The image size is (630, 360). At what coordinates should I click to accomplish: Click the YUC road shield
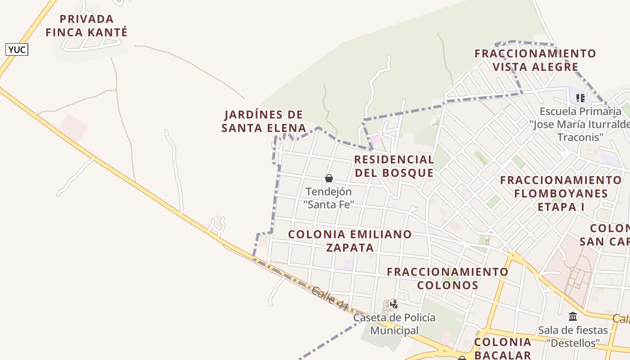pos(17,49)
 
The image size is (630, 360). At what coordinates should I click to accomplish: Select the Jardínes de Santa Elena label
pos(264,121)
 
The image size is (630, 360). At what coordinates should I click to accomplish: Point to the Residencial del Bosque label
pos(394,166)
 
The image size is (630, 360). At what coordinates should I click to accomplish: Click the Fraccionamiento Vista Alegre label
pos(535,60)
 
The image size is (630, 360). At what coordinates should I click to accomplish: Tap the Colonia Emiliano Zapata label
pos(350,241)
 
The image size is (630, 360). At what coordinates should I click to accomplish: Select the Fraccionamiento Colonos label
pos(447,279)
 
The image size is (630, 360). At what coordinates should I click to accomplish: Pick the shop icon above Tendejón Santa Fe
pos(329,178)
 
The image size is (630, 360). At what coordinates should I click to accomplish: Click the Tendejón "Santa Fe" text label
pos(328,198)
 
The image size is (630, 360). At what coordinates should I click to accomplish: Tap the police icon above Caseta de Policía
pos(394,304)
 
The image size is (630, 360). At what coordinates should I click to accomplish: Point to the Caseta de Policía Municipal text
pos(394,324)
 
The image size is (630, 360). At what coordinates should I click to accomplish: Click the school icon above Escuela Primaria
pos(580,98)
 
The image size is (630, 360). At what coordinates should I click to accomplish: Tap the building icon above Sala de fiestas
pos(573,317)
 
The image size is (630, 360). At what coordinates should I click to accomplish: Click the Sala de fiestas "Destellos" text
pos(573,336)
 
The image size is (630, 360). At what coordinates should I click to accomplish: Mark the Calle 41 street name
pos(330,299)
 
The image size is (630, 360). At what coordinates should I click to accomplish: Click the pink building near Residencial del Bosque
pos(375,139)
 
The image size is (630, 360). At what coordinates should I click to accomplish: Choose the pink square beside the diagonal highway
pos(72,128)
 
